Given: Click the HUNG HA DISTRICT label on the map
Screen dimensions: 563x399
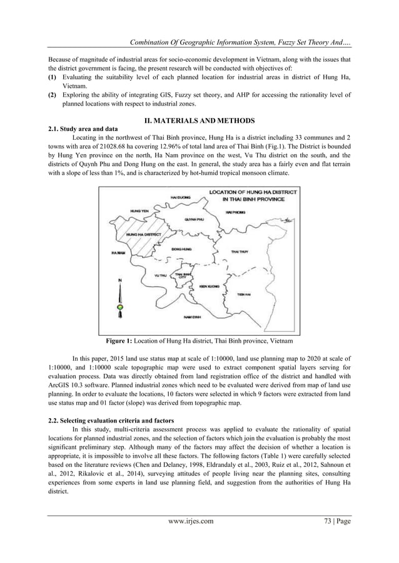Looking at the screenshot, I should pyautogui.click(x=144, y=234).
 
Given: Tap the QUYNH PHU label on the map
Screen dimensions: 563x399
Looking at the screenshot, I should pyautogui.click(x=194, y=220).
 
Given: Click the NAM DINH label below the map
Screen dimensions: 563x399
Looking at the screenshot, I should pyautogui.click(x=192, y=317).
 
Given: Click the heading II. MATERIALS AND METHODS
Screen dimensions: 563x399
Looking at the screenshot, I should pyautogui.click(x=199, y=119).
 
